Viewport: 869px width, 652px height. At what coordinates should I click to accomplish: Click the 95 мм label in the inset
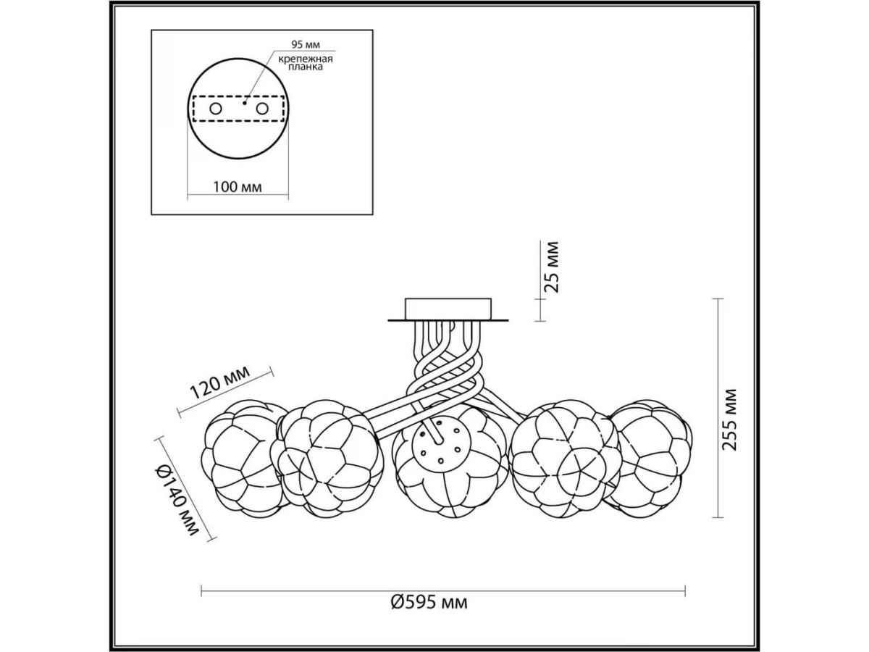(x=306, y=44)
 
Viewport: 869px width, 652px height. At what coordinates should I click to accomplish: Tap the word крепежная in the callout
(x=306, y=59)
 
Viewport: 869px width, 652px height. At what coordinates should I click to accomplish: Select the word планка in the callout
(x=306, y=67)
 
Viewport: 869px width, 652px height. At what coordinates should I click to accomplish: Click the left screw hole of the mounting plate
(x=216, y=109)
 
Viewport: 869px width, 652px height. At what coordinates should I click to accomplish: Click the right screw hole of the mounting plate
(x=262, y=109)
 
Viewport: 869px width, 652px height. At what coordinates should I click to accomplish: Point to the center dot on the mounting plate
(x=245, y=103)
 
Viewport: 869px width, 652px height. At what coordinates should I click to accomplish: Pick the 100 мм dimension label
(x=238, y=187)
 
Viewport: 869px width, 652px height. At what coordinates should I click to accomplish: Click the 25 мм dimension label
(x=551, y=267)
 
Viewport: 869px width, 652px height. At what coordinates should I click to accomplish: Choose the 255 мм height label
(x=729, y=420)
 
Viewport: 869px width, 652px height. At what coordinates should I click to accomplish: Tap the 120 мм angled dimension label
(x=220, y=382)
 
